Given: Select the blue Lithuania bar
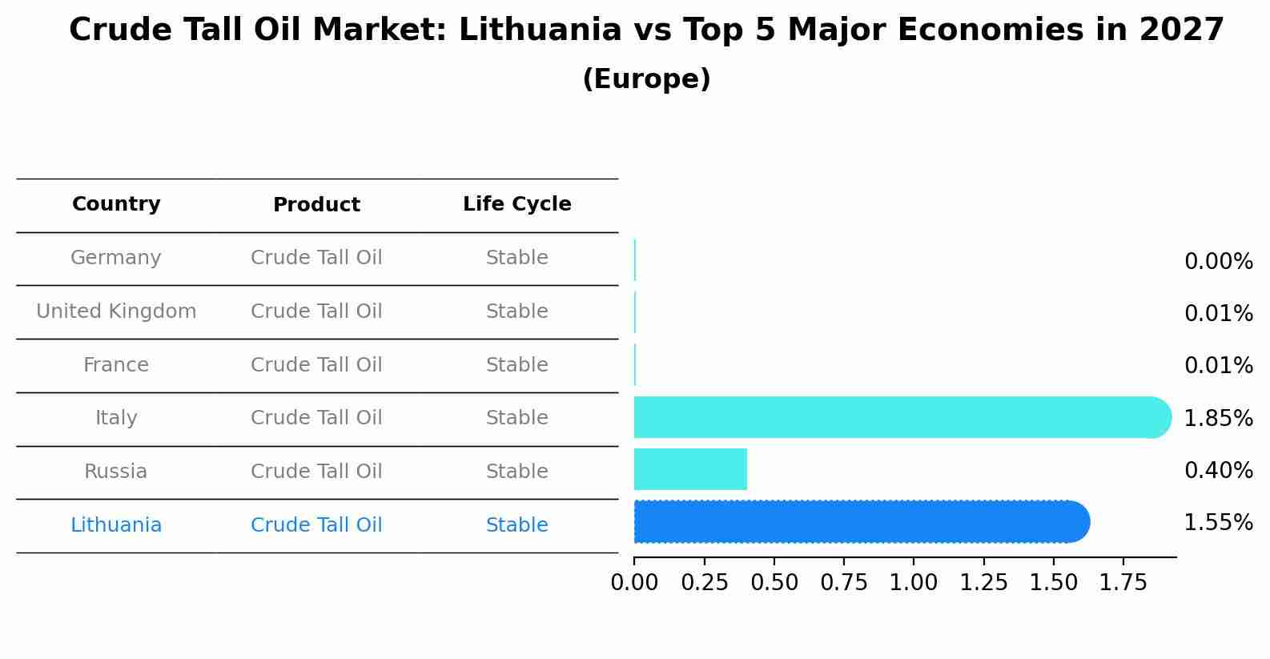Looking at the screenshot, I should coord(861,522).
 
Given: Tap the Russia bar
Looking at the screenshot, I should coord(690,469).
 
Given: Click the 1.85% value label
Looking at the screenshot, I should coord(1218,418).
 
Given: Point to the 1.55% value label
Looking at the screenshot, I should coord(1218,523).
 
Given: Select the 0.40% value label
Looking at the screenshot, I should coord(1218,470).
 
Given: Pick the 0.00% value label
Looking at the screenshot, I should coord(1218,261).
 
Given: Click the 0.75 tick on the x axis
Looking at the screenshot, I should coord(843,583).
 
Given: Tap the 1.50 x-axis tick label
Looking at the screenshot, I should coord(1053,583).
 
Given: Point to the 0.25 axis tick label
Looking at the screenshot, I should coord(704,583).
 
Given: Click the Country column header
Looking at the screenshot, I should coord(116,204).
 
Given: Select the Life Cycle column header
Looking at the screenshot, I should coord(516,204).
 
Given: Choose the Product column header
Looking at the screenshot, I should coord(316,205).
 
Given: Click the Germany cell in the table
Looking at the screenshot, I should coord(116,258).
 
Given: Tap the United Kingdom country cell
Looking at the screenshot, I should coord(116,311).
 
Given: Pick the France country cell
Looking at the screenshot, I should coord(116,365).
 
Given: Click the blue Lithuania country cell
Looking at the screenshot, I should coord(116,525).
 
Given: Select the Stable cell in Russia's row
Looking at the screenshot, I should coord(516,472).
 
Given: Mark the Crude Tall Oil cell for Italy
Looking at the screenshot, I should coord(316,418).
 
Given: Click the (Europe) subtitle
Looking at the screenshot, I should coord(646,79).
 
